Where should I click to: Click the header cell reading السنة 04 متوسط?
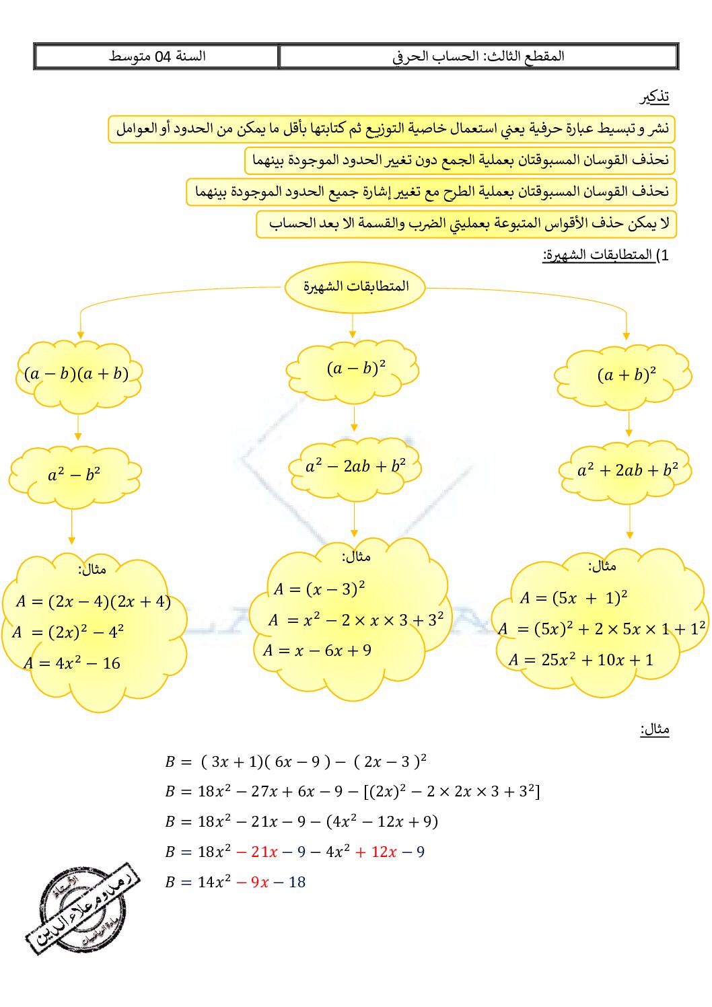click(x=157, y=57)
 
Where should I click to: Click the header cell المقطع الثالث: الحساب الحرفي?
click(x=478, y=57)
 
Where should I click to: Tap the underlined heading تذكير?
click(x=654, y=97)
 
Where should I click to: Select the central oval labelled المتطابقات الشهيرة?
click(x=355, y=287)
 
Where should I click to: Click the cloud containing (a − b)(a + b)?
click(x=77, y=375)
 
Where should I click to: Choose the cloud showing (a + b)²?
click(x=626, y=376)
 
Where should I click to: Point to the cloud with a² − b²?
click(x=74, y=475)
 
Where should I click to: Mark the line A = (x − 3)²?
click(x=319, y=589)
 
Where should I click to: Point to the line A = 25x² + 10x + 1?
click(x=581, y=660)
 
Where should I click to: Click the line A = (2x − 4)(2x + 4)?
click(x=94, y=601)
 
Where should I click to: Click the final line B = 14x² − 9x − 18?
click(x=235, y=882)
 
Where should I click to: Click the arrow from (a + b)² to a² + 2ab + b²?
click(x=629, y=424)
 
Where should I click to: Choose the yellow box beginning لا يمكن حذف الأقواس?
click(x=466, y=224)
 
